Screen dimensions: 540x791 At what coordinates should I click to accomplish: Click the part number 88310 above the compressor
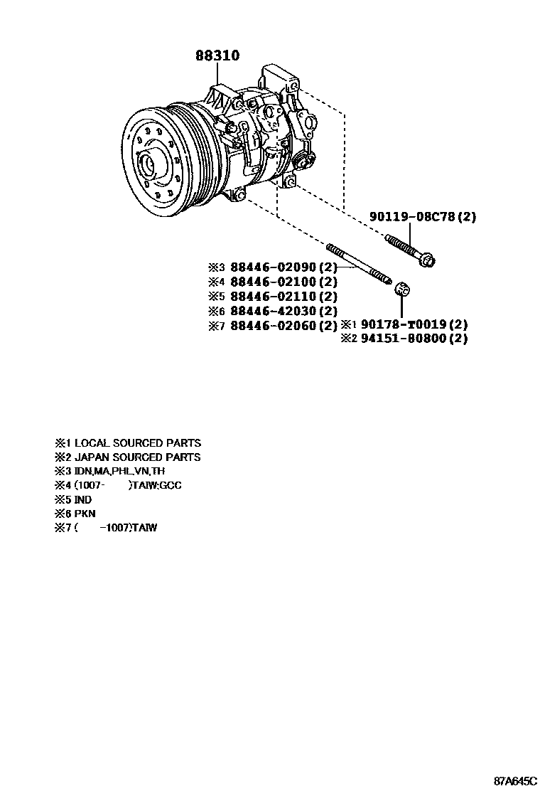pyautogui.click(x=217, y=55)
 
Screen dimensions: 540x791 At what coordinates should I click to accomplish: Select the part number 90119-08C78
pyautogui.click(x=413, y=217)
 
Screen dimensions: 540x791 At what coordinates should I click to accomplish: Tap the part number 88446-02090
pyautogui.click(x=273, y=267)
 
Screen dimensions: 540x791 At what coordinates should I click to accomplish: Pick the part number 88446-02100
pyautogui.click(x=273, y=282)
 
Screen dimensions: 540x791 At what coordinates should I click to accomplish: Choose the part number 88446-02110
pyautogui.click(x=273, y=296)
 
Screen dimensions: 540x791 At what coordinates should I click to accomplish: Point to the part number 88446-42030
pyautogui.click(x=273, y=311)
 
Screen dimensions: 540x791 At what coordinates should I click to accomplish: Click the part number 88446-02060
pyautogui.click(x=273, y=325)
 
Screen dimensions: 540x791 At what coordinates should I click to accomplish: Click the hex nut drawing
pyautogui.click(x=402, y=289)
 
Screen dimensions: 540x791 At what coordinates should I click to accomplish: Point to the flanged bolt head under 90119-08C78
pyautogui.click(x=427, y=261)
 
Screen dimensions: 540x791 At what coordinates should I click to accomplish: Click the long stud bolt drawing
pyautogui.click(x=359, y=265)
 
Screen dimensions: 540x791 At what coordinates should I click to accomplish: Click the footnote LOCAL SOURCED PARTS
pyautogui.click(x=138, y=443)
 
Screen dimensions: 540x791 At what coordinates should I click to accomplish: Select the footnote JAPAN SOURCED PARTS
pyautogui.click(x=138, y=457)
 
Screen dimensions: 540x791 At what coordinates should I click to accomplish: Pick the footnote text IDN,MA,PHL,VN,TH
pyautogui.click(x=119, y=471)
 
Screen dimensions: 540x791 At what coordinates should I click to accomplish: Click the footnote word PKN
pyautogui.click(x=85, y=514)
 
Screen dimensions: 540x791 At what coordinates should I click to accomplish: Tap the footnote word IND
pyautogui.click(x=83, y=499)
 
